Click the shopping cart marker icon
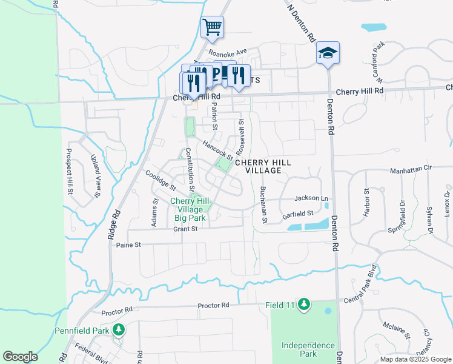[x=213, y=27]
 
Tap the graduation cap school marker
[x=328, y=53]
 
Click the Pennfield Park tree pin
[x=119, y=330]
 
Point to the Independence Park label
[x=308, y=349]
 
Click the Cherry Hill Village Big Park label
[x=190, y=209]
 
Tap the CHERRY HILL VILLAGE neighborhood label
[x=263, y=167]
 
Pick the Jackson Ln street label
[x=311, y=198]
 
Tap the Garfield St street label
[x=297, y=214]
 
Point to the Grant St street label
[x=185, y=229]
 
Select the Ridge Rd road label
[x=113, y=225]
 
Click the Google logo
[x=20, y=357]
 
